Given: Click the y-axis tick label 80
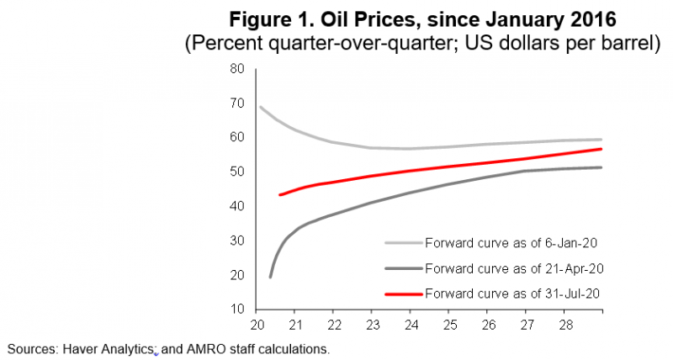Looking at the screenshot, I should pyautogui.click(x=238, y=69).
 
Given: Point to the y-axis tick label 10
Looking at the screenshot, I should pyautogui.click(x=238, y=310).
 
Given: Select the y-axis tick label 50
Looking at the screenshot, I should pyautogui.click(x=238, y=172).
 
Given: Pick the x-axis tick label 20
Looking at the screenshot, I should pyautogui.click(x=257, y=324).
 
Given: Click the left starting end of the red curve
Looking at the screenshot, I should pyautogui.click(x=280, y=195).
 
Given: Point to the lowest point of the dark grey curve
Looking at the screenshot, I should pyautogui.click(x=270, y=276).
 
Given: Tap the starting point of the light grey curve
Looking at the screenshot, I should pyautogui.click(x=260, y=107).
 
